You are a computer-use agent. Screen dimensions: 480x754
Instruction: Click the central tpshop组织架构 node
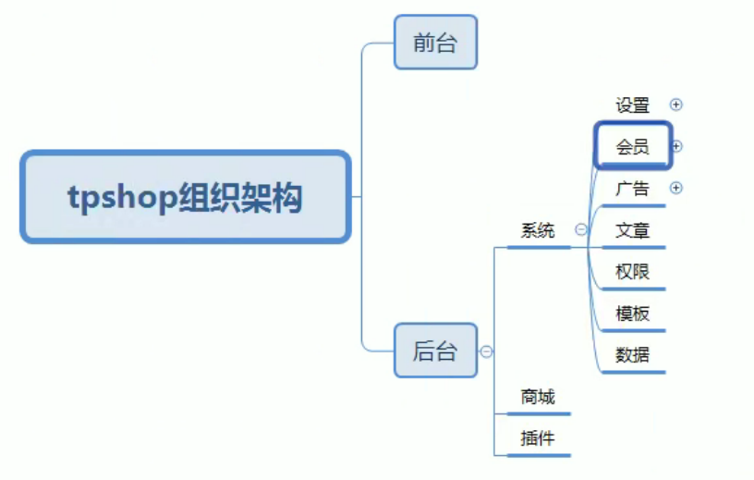pos(185,197)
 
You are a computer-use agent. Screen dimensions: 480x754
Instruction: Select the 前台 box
pos(435,43)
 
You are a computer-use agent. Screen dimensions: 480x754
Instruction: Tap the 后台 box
pos(435,351)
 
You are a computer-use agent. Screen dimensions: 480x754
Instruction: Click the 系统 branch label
pos(538,231)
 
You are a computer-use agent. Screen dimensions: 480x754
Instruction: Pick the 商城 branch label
pos(538,397)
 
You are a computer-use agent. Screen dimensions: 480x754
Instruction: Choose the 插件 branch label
pos(538,438)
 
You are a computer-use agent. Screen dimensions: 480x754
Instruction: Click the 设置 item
pos(633,105)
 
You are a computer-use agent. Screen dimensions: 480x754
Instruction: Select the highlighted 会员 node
pos(633,146)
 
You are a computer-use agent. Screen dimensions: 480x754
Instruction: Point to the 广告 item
pos(633,189)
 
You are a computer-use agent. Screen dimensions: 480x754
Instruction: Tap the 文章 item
pos(633,230)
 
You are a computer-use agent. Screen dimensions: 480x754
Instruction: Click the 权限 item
pos(633,272)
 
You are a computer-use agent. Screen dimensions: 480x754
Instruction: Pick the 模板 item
pos(633,314)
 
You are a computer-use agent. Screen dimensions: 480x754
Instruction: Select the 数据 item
pos(633,354)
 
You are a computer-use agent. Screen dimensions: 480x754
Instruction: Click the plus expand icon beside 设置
pos(675,105)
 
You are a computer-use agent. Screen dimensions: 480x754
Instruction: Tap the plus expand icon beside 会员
pos(676,146)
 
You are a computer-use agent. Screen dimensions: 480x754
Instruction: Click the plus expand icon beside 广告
pos(675,188)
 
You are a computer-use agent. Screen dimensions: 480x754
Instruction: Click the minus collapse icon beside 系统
pos(581,230)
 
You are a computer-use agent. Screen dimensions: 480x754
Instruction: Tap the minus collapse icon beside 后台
pos(486,351)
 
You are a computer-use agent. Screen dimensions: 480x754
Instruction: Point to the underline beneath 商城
pos(540,413)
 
